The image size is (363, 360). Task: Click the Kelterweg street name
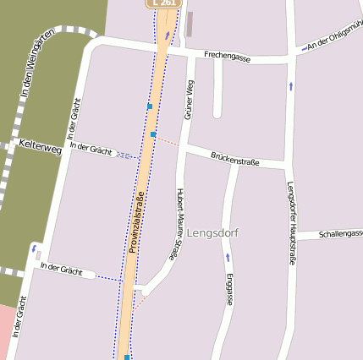(40, 148)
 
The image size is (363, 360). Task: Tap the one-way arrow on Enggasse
(228, 256)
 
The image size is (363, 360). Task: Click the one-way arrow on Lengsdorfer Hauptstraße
(291, 85)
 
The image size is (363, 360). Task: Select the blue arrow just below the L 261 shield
(167, 35)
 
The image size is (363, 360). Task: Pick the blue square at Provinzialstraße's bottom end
(127, 357)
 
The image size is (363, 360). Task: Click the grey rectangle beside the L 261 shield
(190, 25)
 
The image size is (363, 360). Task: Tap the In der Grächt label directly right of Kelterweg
(92, 150)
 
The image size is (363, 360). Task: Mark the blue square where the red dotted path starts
(153, 134)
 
